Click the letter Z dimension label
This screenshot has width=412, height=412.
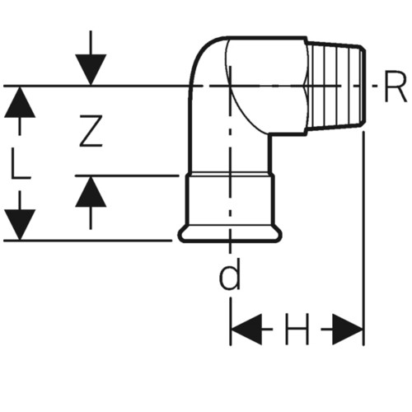pyautogui.click(x=91, y=131)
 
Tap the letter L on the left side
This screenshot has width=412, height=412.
pyautogui.click(x=20, y=164)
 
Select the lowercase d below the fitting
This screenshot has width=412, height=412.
pyautogui.click(x=230, y=275)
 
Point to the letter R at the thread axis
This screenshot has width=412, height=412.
pyautogui.click(x=395, y=87)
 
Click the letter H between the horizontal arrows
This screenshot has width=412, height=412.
pyautogui.click(x=297, y=329)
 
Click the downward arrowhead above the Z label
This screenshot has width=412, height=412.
pyautogui.click(x=91, y=69)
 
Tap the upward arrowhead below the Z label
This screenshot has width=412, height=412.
pyautogui.click(x=91, y=191)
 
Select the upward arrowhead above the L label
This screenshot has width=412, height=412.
pyautogui.click(x=20, y=102)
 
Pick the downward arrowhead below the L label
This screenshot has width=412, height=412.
pyautogui.click(x=20, y=225)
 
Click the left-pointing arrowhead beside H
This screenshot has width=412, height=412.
pyautogui.click(x=246, y=329)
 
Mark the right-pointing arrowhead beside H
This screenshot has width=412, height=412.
pyautogui.click(x=348, y=329)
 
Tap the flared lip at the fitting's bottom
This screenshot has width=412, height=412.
pyautogui.click(x=230, y=234)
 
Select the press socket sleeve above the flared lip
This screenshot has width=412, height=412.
pyautogui.click(x=230, y=200)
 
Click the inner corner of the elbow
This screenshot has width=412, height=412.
pyautogui.click(x=269, y=133)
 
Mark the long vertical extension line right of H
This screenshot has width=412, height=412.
pyautogui.click(x=363, y=238)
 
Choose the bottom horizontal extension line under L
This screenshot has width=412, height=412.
pyautogui.click(x=88, y=241)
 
